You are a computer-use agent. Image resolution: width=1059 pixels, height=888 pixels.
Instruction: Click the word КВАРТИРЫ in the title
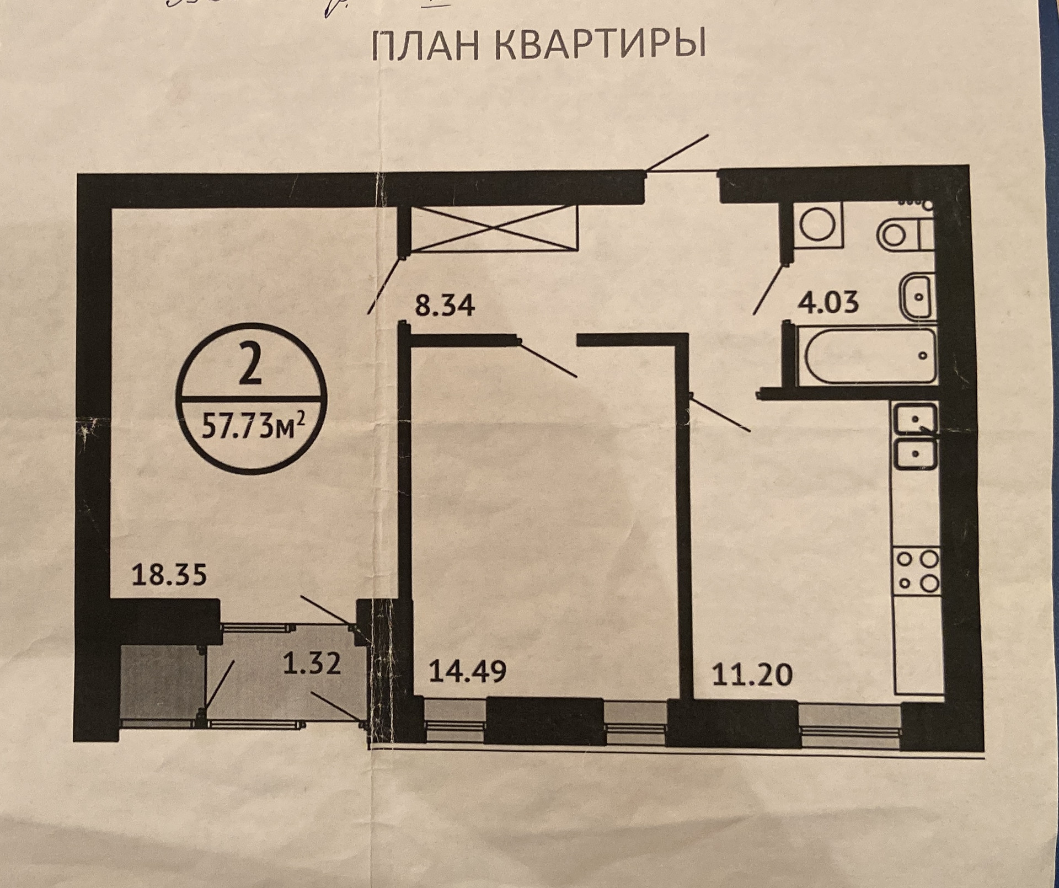pyautogui.click(x=600, y=46)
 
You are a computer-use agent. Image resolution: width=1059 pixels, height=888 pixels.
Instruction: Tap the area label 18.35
pyautogui.click(x=169, y=575)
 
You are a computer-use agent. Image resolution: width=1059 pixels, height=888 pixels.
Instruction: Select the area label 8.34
pyautogui.click(x=445, y=306)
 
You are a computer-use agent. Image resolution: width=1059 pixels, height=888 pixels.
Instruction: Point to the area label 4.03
pyautogui.click(x=828, y=303)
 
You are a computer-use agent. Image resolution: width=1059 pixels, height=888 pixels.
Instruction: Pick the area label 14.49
pyautogui.click(x=467, y=672)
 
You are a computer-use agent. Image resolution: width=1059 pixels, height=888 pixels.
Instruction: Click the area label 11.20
pyautogui.click(x=752, y=675)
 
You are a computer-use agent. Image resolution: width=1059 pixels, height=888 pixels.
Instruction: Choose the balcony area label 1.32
pyautogui.click(x=312, y=663)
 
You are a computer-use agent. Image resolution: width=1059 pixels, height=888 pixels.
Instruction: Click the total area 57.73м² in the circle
pyautogui.click(x=253, y=426)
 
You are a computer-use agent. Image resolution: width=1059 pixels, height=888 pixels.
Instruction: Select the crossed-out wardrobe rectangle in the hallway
pyautogui.click(x=494, y=228)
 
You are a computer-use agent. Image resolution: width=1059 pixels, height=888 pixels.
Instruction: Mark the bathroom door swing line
pyautogui.click(x=768, y=290)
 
